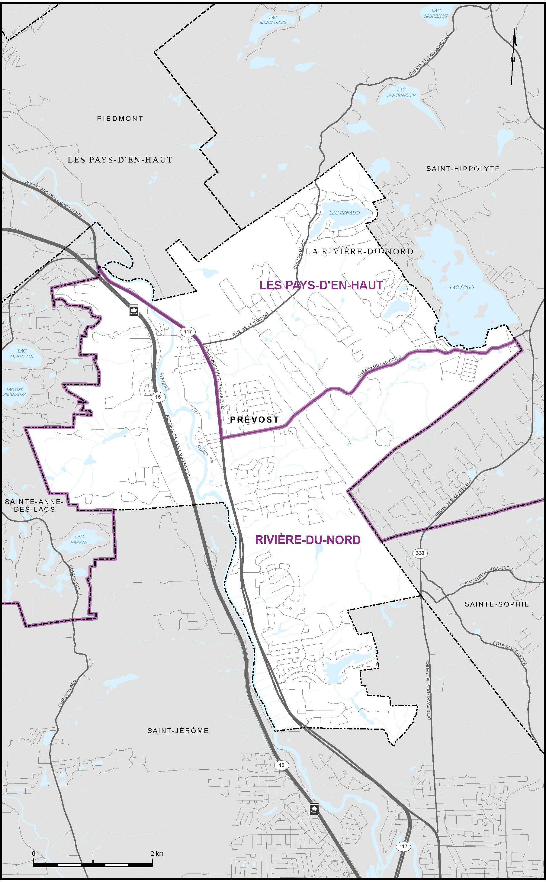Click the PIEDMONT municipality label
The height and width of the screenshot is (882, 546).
click(x=120, y=118)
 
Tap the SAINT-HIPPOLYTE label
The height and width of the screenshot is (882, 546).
click(x=463, y=169)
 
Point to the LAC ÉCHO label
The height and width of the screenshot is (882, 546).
click(x=461, y=287)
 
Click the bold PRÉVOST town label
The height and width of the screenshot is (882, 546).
click(x=254, y=419)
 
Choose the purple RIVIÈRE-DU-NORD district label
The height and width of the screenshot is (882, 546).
click(x=308, y=539)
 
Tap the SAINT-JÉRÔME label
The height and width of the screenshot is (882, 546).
click(x=178, y=731)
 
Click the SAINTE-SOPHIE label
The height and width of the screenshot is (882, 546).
click(x=496, y=604)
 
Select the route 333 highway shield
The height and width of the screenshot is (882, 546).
click(x=420, y=553)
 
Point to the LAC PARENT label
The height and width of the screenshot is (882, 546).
click(x=79, y=539)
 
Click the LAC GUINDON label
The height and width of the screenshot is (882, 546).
click(x=22, y=354)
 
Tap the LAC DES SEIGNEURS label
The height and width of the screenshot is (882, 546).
click(x=14, y=392)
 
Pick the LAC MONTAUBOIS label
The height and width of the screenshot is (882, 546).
click(x=273, y=20)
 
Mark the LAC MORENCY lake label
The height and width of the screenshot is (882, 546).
click(x=436, y=13)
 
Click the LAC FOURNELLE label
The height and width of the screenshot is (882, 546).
click(x=401, y=92)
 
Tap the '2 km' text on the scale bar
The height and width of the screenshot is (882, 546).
click(x=157, y=854)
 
